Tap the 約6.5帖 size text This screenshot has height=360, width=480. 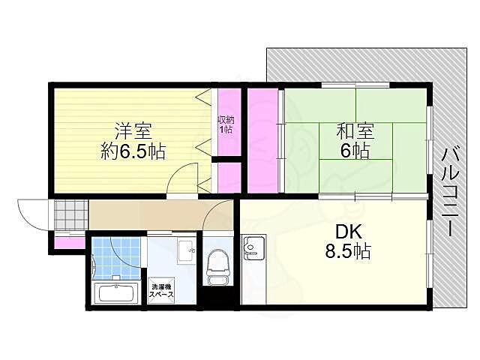point(133,151)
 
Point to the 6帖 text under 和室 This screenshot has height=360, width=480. point(353,151)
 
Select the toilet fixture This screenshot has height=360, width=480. point(218,267)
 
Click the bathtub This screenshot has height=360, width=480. point(113,294)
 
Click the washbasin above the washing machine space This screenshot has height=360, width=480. point(185,250)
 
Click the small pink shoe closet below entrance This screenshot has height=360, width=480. point(69,241)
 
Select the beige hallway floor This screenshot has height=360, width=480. point(150,215)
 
